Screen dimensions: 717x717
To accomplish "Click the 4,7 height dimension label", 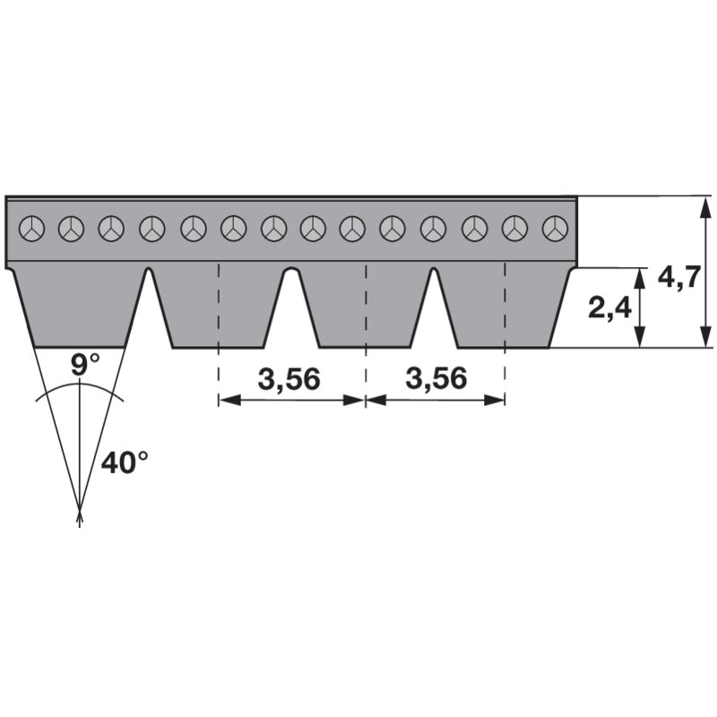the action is coord(678,278).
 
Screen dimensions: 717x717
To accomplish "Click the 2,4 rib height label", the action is coord(609,307).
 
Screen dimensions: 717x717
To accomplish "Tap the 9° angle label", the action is coord(85,365).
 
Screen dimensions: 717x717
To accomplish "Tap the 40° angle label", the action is coord(125,462).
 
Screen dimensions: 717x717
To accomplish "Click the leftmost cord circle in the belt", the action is coord(32,229).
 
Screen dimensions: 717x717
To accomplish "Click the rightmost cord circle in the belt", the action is coord(555,229).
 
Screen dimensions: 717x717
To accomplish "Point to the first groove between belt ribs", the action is coord(148,306).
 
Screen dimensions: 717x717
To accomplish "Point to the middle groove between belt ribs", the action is coord(292,306).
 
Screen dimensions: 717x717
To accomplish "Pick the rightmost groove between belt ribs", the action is coord(434,306).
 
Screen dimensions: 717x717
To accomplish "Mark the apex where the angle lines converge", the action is coord(80,511).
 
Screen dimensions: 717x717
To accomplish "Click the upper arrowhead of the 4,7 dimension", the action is coord(706,207).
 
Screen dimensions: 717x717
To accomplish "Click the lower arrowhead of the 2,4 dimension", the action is coord(640,336).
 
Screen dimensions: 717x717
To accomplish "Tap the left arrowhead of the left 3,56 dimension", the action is coord(229,400).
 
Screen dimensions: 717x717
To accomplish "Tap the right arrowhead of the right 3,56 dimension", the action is coord(495,400).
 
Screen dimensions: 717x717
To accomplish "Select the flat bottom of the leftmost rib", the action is coord(80,348).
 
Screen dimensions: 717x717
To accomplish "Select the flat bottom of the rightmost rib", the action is coord(504,348).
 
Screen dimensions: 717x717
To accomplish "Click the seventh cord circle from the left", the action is coord(274,229).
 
